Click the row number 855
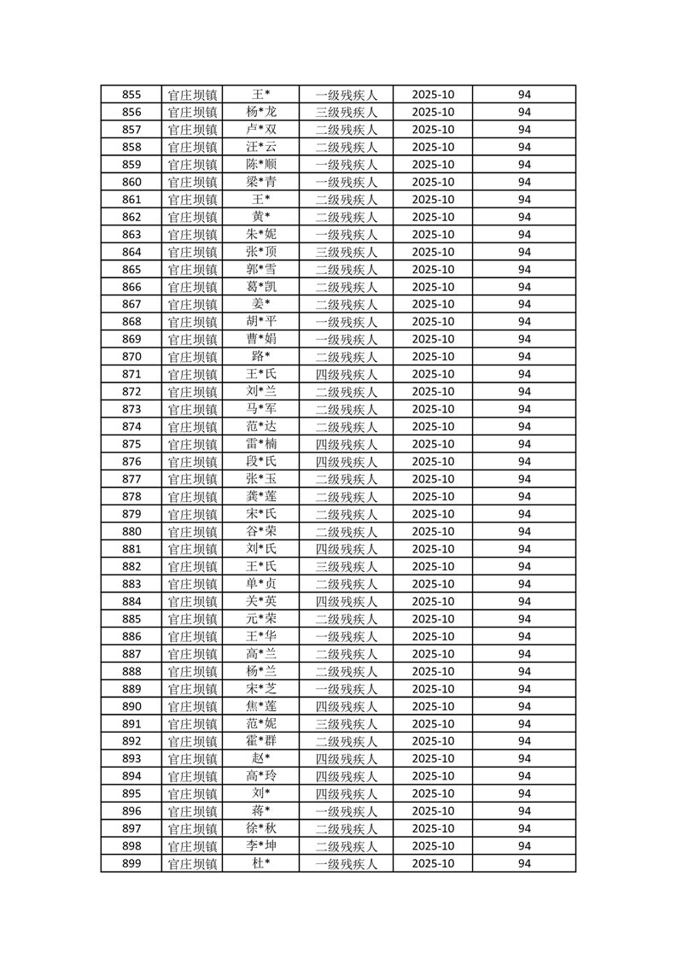(x=131, y=95)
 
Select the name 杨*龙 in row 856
(x=261, y=112)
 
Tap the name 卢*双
(x=261, y=130)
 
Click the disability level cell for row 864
(x=346, y=252)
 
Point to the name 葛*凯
(x=261, y=287)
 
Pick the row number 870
(x=131, y=357)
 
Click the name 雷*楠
(x=261, y=444)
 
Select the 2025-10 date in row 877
(x=433, y=479)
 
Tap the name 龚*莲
(x=261, y=496)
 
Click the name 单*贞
(x=261, y=584)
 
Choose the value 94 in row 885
(x=524, y=619)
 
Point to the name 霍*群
(x=261, y=741)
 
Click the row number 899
(x=131, y=863)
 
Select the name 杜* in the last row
(x=261, y=863)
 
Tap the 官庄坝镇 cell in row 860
(x=192, y=182)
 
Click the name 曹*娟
(x=261, y=339)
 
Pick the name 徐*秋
(x=261, y=828)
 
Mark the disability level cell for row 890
(x=346, y=706)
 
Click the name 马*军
(x=261, y=409)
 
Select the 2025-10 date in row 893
(x=433, y=758)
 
